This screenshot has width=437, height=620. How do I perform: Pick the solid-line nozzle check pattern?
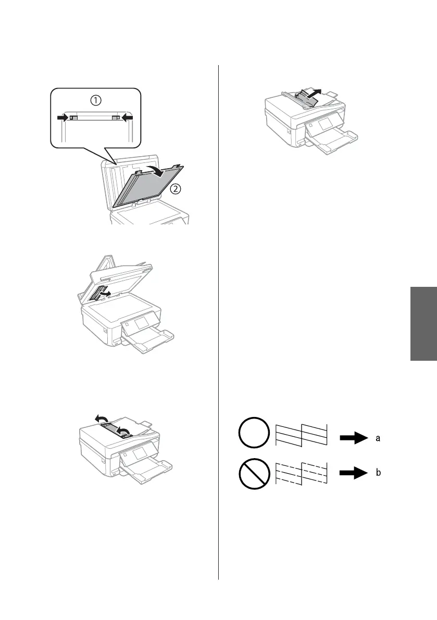[x=302, y=435]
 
